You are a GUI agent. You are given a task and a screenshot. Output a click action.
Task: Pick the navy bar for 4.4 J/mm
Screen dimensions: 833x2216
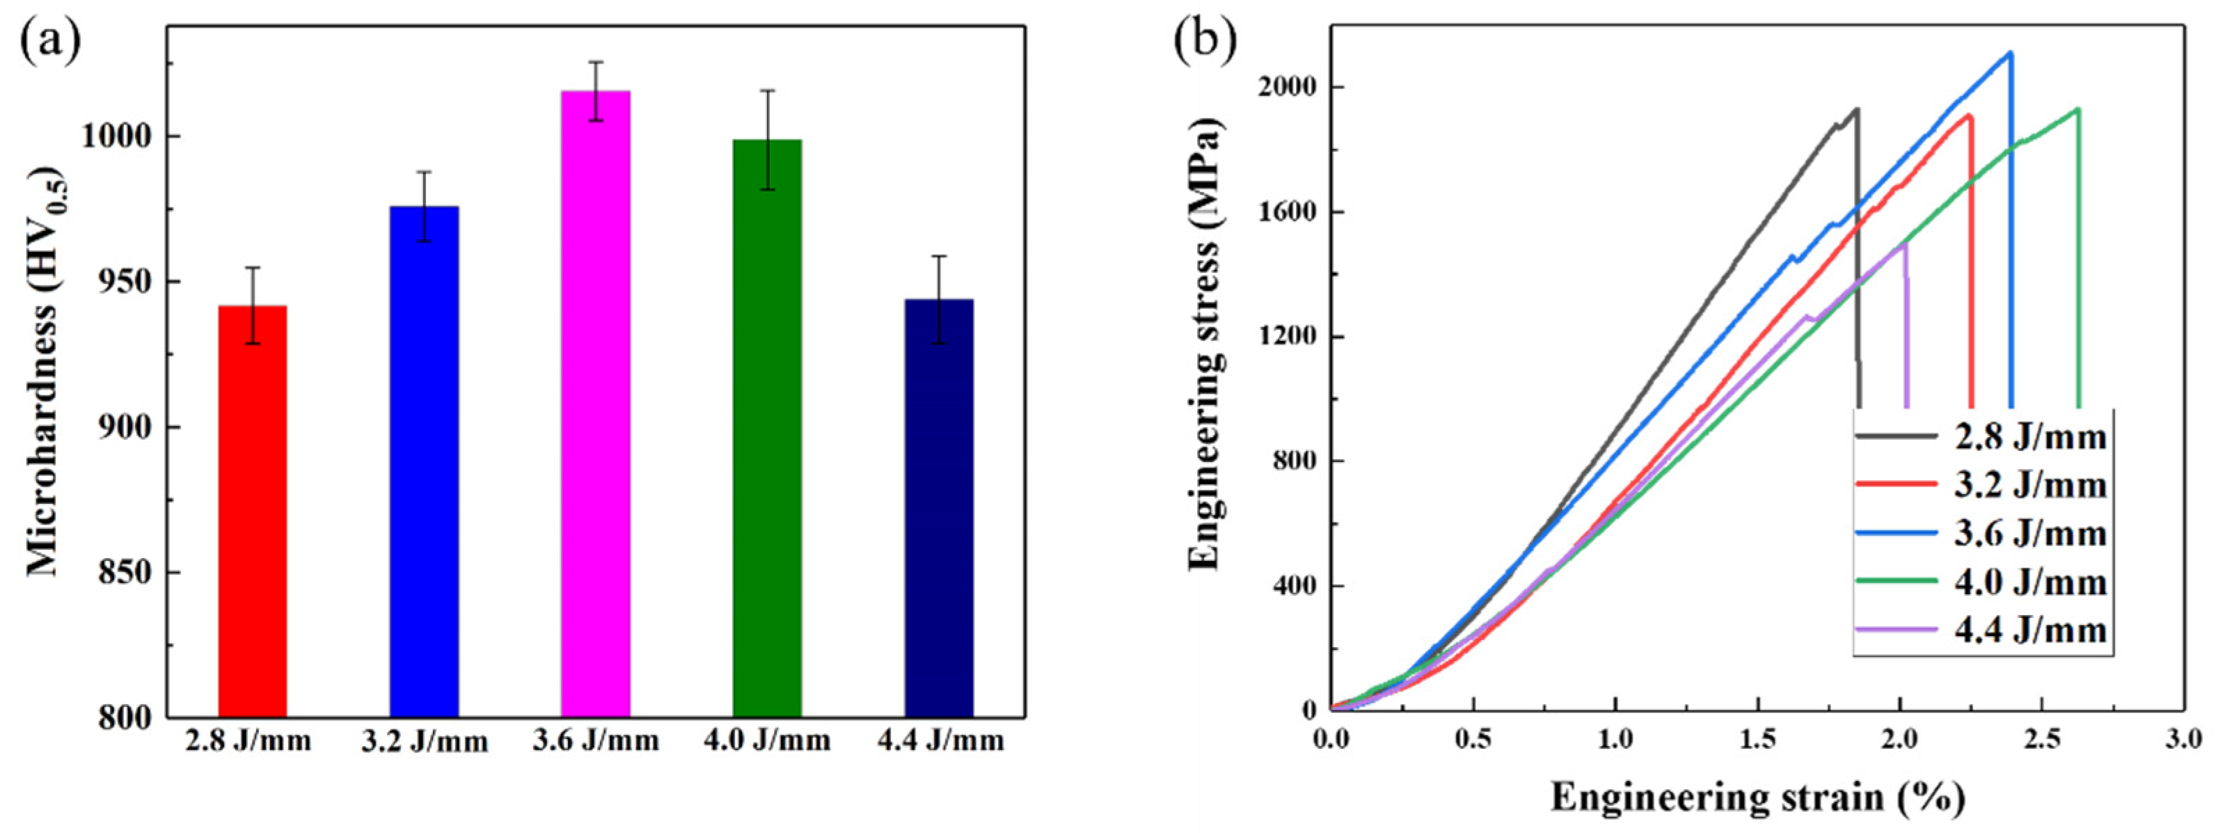click(x=939, y=508)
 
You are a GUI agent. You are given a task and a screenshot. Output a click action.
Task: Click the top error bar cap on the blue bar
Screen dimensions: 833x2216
click(x=424, y=172)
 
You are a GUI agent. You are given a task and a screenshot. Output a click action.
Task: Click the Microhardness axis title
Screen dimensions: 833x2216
click(x=45, y=371)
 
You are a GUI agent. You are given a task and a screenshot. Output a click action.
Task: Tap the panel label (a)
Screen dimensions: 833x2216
click(x=50, y=43)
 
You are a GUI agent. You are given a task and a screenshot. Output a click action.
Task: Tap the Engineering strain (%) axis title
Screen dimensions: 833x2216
click(x=1757, y=797)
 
